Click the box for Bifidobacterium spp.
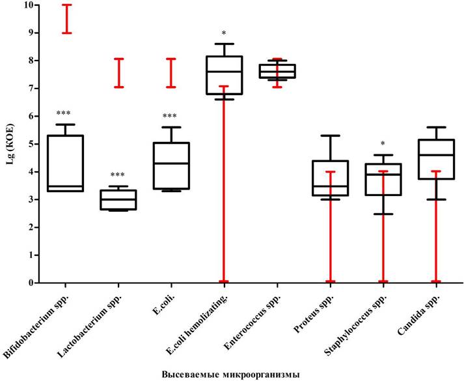point(65,163)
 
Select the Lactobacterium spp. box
point(118,199)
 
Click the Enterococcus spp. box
point(277,71)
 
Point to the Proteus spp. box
point(330,178)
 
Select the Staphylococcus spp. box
point(383,179)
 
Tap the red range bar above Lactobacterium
point(118,73)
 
